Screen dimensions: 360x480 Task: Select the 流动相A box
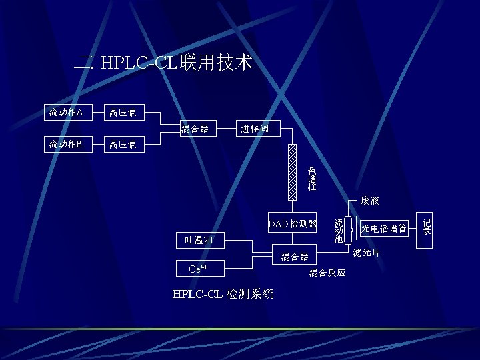(x=66, y=112)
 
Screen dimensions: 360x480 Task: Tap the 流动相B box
(x=66, y=144)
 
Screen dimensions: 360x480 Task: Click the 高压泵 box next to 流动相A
(x=124, y=112)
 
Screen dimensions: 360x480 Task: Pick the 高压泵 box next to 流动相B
(x=124, y=144)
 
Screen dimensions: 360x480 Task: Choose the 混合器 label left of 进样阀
(x=195, y=128)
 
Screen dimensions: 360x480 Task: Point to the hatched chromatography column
(x=291, y=172)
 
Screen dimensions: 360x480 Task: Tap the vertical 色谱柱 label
(x=311, y=179)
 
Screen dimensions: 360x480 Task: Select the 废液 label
(x=370, y=200)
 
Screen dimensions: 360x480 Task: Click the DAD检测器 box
(x=293, y=223)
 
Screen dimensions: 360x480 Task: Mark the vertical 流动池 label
(x=339, y=230)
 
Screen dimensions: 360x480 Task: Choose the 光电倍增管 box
(x=384, y=229)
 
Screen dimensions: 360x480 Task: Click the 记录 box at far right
(x=427, y=227)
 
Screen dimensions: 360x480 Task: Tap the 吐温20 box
(x=199, y=240)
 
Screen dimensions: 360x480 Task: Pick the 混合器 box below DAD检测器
(x=295, y=256)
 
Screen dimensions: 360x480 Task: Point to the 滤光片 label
(x=367, y=253)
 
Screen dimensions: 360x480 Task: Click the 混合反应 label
(x=327, y=272)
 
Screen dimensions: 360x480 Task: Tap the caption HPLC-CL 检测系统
(x=223, y=294)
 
